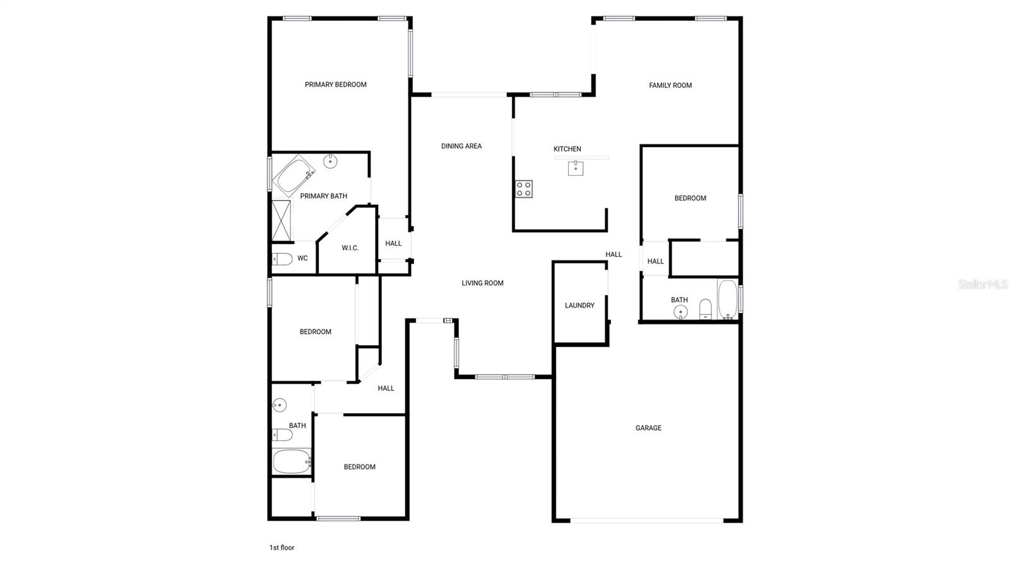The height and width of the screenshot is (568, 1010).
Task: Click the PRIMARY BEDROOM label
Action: pos(335,85)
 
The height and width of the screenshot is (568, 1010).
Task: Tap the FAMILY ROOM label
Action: pos(670,85)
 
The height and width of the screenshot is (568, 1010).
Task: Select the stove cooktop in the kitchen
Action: pos(524,189)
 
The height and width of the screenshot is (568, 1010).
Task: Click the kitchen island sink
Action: pos(575,168)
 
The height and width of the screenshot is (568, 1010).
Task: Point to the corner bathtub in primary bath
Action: pos(294,175)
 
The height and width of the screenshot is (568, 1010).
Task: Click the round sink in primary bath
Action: pos(331,161)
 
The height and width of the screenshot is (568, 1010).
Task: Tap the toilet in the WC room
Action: pos(282,259)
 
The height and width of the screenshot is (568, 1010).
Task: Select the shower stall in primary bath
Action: pos(282,221)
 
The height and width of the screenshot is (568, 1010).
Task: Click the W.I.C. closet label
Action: pos(350,248)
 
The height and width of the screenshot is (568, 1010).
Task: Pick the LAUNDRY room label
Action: pos(579,305)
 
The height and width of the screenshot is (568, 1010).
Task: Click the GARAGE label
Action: pos(648,428)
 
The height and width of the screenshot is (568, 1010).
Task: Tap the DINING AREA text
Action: pos(461,146)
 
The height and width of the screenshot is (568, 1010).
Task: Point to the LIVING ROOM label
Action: pos(482,283)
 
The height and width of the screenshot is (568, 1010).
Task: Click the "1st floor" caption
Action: pos(282,548)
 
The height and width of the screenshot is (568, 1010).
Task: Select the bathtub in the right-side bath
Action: pos(728,299)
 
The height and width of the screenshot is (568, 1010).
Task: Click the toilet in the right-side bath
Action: pos(705,310)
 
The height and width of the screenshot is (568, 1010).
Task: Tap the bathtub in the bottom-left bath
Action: pos(292,461)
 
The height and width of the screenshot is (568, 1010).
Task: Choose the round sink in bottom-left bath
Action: pos(279,405)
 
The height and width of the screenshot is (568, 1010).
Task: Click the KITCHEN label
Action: pos(567,149)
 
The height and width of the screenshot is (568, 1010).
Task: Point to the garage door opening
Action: pos(647,521)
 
